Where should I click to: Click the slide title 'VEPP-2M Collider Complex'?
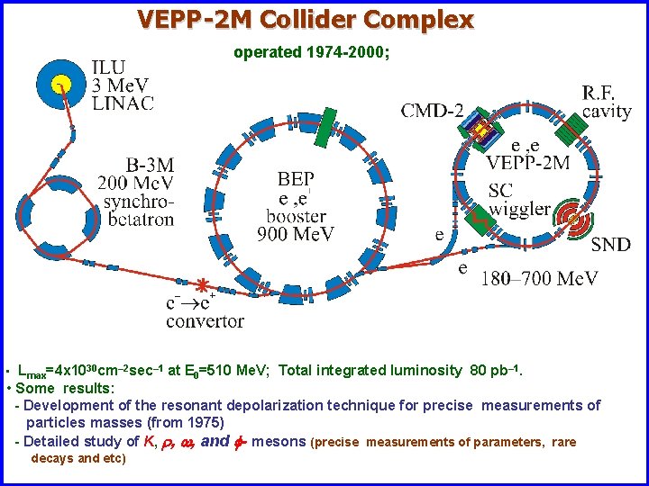[x=305, y=19]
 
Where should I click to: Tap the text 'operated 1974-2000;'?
[x=311, y=52]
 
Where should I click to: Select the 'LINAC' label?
[x=123, y=102]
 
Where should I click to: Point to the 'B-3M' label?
[x=150, y=165]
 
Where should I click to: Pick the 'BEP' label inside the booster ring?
[x=297, y=179]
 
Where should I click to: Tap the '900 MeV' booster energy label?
[x=297, y=235]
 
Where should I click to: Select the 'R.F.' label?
[x=601, y=93]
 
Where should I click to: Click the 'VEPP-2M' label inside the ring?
[x=527, y=163]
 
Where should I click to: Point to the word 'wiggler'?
[x=519, y=209]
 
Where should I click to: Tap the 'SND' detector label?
[x=610, y=245]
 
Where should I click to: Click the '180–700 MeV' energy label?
[x=539, y=278]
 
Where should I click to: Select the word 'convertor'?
[x=205, y=320]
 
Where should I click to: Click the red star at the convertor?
[x=205, y=287]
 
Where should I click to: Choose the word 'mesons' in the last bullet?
[x=279, y=441]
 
